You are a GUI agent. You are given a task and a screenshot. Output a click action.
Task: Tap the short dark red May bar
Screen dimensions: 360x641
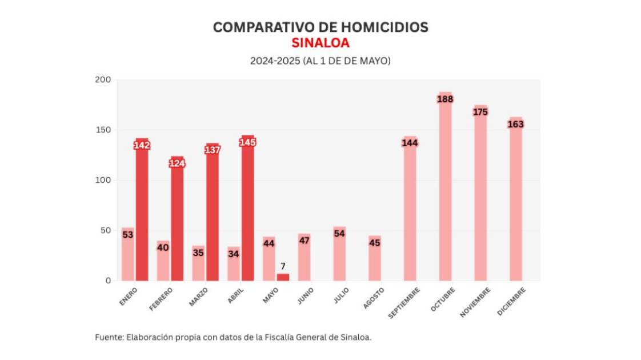click(283, 277)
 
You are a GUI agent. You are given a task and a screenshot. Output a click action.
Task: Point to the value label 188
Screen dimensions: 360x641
click(445, 99)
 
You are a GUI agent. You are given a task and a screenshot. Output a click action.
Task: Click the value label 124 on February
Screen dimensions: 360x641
click(177, 163)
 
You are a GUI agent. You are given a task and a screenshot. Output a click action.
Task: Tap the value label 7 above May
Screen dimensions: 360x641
click(283, 266)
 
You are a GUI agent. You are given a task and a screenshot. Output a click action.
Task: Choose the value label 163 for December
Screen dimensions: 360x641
click(515, 124)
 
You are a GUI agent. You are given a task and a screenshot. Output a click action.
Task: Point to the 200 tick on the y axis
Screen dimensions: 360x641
click(103, 80)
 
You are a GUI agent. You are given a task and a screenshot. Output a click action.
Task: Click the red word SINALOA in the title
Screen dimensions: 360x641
click(320, 43)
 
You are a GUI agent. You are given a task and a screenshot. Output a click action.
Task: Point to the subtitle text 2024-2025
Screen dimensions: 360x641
click(271, 61)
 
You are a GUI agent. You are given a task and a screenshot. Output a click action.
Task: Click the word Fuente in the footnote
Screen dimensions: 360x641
click(107, 337)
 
